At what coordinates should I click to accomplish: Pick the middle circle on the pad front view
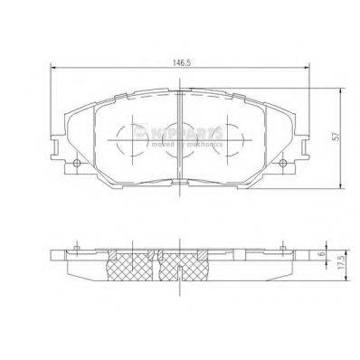[176, 144]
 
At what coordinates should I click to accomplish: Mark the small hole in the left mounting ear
[77, 163]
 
